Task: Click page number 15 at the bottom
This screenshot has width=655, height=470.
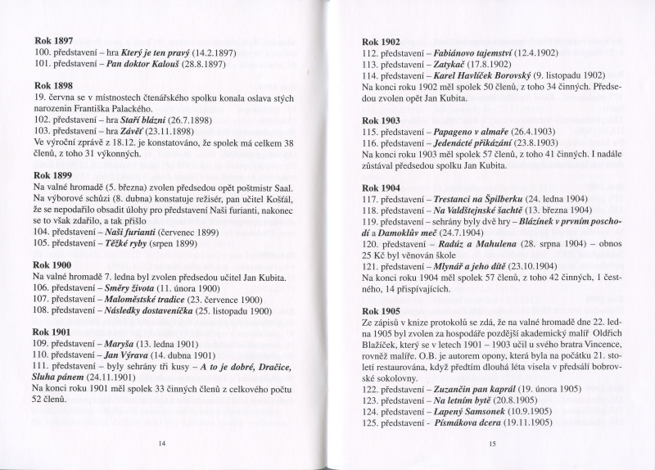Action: pos(492,443)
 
